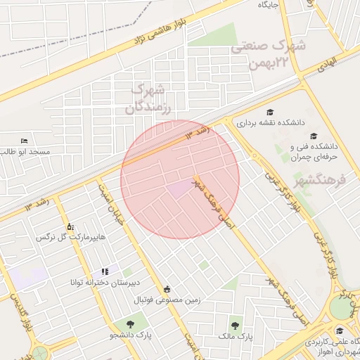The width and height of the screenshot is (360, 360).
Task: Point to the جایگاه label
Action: (269, 5)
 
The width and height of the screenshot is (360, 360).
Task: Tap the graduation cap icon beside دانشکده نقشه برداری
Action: (270, 112)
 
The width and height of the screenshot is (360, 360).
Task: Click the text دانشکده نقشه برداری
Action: (270, 122)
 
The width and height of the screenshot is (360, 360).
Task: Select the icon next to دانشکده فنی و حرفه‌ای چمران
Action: (314, 136)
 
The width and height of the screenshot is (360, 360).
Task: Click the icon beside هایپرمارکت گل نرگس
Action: (70, 227)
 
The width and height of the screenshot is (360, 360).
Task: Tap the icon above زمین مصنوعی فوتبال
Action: (167, 289)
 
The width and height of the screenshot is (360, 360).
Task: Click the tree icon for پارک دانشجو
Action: (131, 323)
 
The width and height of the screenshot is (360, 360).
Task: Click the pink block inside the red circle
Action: (179, 188)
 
